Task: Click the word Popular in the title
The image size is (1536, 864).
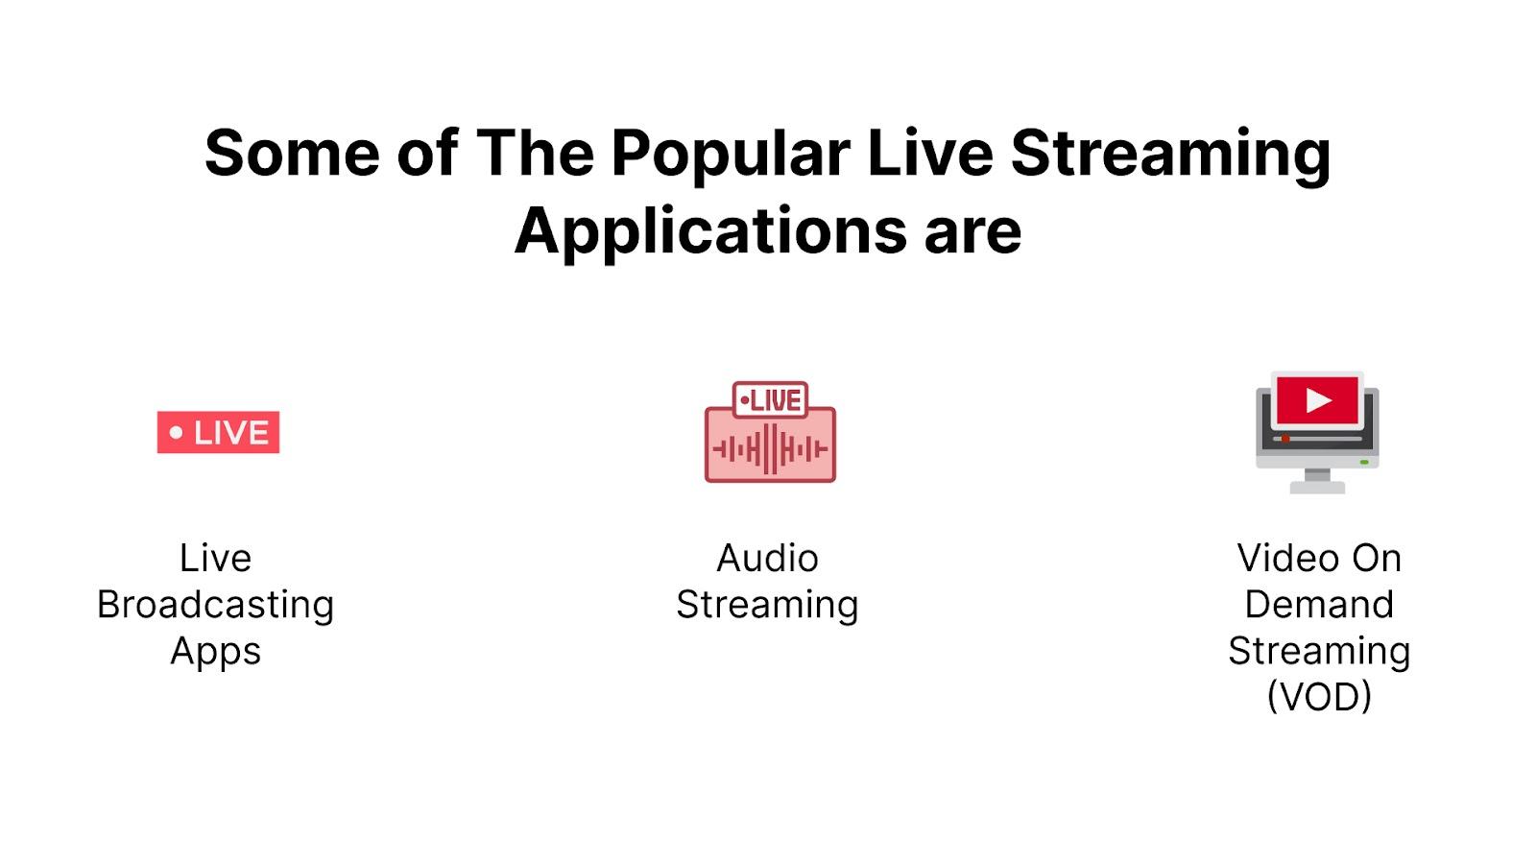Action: (730, 154)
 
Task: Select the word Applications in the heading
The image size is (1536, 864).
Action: (710, 232)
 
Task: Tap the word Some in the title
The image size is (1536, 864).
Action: (293, 154)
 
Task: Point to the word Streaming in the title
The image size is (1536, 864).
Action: (1170, 154)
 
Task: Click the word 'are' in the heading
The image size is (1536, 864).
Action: (972, 232)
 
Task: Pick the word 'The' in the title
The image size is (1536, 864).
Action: (535, 154)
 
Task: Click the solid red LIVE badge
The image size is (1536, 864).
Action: (219, 432)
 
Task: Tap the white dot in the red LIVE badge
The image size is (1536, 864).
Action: (176, 433)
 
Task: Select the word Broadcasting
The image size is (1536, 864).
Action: (215, 605)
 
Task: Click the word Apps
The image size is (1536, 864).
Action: (215, 652)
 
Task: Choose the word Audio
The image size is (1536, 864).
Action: (767, 559)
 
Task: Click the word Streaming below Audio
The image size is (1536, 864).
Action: (767, 605)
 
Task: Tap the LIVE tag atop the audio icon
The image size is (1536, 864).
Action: (770, 399)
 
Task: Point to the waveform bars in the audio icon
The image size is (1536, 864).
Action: (770, 448)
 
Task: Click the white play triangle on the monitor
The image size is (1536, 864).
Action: (1318, 400)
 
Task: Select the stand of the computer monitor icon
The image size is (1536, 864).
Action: (1317, 480)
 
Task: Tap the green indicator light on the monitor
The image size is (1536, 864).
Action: (1364, 462)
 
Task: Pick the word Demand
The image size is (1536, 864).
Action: (1319, 605)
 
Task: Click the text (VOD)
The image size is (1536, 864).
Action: (1319, 697)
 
